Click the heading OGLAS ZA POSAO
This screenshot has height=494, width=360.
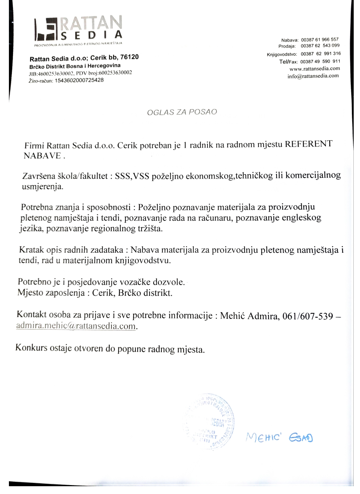182,112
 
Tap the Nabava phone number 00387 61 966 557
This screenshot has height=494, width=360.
320,39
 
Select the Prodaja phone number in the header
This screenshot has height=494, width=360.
320,46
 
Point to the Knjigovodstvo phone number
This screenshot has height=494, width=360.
321,54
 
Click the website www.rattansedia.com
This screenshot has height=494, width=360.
314,69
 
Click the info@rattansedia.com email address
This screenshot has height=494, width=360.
313,76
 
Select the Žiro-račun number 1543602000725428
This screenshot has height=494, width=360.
79,80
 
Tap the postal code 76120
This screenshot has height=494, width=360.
130,57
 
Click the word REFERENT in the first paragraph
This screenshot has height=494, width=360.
308,144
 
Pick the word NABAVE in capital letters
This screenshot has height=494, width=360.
42,156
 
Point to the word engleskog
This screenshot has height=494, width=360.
301,217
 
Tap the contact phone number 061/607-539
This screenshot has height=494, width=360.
308,316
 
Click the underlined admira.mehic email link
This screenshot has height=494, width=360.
76,326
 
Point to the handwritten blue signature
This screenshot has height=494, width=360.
279,438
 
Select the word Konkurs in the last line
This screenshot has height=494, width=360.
32,348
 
